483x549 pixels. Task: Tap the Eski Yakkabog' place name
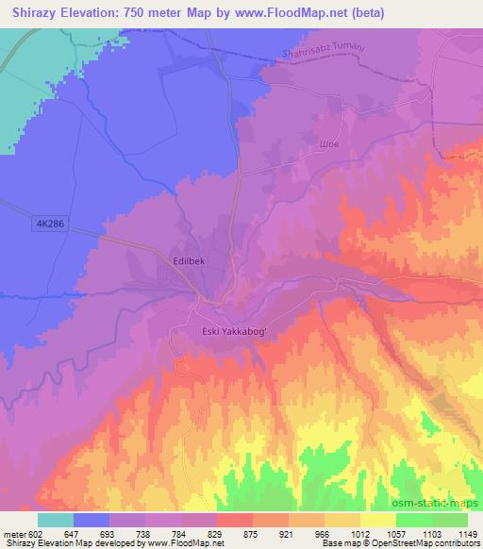(x=235, y=331)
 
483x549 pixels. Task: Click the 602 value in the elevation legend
(x=33, y=534)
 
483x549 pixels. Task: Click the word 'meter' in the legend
(x=11, y=534)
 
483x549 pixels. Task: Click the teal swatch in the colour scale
(x=56, y=520)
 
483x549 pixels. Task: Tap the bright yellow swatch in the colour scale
(x=376, y=520)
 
